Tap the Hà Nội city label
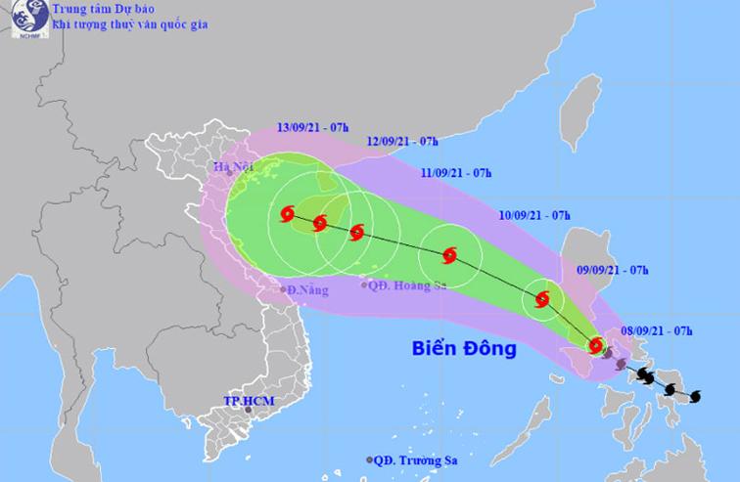point(233,168)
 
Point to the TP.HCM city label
point(246,401)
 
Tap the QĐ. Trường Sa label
point(417,460)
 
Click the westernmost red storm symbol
point(288,214)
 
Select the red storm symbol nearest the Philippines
point(596,344)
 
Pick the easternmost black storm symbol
point(695,396)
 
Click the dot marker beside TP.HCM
point(249,412)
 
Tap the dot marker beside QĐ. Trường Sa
point(369,460)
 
